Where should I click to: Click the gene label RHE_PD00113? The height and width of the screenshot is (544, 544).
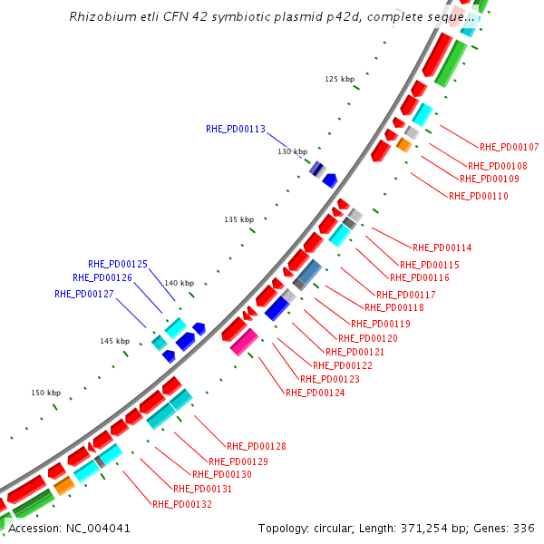(236, 130)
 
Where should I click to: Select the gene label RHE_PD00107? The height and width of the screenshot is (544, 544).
(510, 147)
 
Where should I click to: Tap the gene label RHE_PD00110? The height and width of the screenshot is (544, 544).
(479, 195)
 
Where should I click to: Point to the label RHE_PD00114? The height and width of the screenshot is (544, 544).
(442, 248)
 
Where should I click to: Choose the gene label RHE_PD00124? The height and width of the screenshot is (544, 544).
(315, 393)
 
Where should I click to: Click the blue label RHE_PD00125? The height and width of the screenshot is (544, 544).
(118, 264)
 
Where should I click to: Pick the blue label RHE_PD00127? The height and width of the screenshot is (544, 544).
(84, 294)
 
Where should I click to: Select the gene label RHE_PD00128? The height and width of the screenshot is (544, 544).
(257, 446)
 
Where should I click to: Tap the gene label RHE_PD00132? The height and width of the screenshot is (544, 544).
(182, 504)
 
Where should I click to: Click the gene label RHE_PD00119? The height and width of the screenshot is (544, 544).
(381, 324)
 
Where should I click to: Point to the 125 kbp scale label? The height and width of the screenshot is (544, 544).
(340, 80)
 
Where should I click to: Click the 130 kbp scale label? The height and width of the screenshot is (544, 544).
(293, 151)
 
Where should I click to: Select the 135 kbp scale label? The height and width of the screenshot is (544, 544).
(239, 220)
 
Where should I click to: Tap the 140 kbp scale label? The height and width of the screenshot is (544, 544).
(180, 283)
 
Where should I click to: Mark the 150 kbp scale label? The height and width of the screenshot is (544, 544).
(46, 393)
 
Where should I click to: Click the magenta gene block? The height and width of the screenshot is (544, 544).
(245, 342)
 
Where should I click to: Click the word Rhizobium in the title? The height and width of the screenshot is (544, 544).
(101, 16)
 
